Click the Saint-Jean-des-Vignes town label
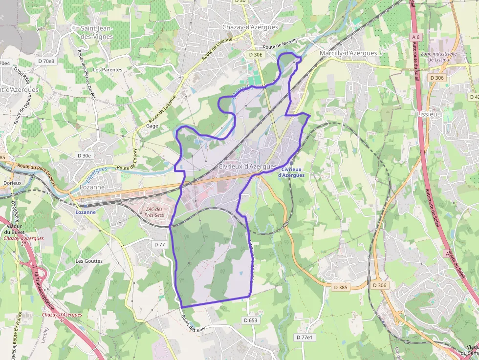(x=97, y=32)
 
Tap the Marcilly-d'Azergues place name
(x=348, y=53)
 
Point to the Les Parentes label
(x=108, y=70)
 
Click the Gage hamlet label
(x=152, y=126)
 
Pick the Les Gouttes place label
(x=89, y=261)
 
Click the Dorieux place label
(x=12, y=183)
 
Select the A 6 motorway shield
(x=416, y=37)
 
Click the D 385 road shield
(x=341, y=287)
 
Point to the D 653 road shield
(x=250, y=320)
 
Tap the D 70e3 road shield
(x=46, y=61)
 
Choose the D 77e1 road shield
(x=305, y=338)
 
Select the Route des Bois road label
(x=194, y=323)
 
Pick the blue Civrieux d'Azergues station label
(x=291, y=172)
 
